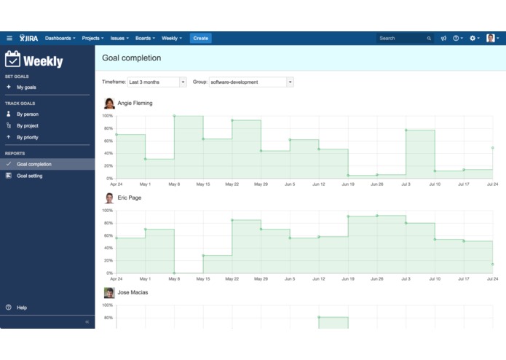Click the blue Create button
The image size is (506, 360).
coord(200,38)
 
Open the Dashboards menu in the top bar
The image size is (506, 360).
coord(60,38)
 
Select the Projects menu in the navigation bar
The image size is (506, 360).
coord(92,38)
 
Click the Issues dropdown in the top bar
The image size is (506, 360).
coord(119,38)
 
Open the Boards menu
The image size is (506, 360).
coord(145,38)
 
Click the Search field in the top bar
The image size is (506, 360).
coord(404,38)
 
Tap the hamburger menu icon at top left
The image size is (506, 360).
coord(9,38)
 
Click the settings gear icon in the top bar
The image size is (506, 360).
coord(473,38)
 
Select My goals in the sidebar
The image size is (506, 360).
coord(26,87)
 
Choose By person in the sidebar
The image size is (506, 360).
coord(28,114)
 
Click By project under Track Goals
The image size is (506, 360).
coord(28,125)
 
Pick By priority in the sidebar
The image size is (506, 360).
coord(28,137)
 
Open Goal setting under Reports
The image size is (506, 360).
coord(30,176)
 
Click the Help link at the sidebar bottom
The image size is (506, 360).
coord(22,308)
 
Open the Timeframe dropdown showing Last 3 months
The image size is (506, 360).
coord(157,82)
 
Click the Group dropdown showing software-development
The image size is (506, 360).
coord(251,82)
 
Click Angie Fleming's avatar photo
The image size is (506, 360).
coord(109,103)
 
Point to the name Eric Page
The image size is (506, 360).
coord(130,197)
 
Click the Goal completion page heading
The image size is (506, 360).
coord(132,58)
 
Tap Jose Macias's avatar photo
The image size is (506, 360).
coord(109,293)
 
